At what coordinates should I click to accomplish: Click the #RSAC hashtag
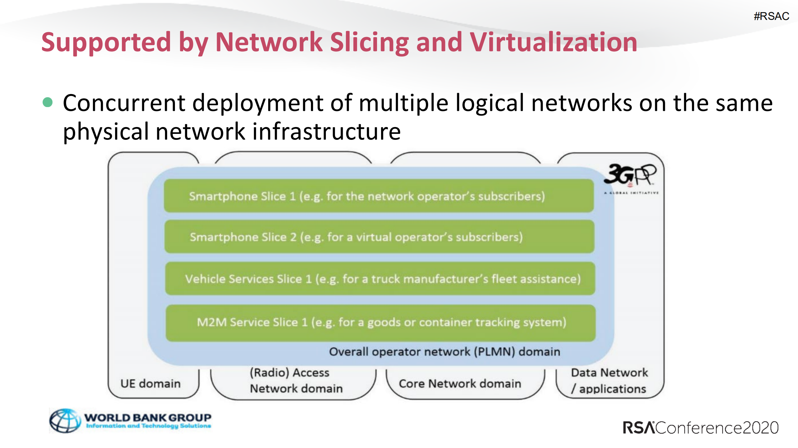771,16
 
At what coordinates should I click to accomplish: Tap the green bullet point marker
48,102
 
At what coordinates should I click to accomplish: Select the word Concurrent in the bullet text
124,103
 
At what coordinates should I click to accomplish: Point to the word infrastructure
326,131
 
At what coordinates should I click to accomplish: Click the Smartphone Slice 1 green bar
379,196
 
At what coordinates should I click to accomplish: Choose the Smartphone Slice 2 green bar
379,237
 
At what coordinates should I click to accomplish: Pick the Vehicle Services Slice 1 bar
380,279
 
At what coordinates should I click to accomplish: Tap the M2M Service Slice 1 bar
380,322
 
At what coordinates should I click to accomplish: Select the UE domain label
150,384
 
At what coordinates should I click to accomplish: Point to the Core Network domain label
460,384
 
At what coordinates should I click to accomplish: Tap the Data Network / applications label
609,380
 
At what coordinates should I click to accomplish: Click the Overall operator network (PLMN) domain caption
444,352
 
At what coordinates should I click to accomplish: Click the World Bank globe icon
65,421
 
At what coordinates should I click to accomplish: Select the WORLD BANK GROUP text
148,417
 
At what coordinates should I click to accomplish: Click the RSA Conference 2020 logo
700,428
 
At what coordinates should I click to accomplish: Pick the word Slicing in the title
369,42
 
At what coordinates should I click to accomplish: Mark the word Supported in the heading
106,42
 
